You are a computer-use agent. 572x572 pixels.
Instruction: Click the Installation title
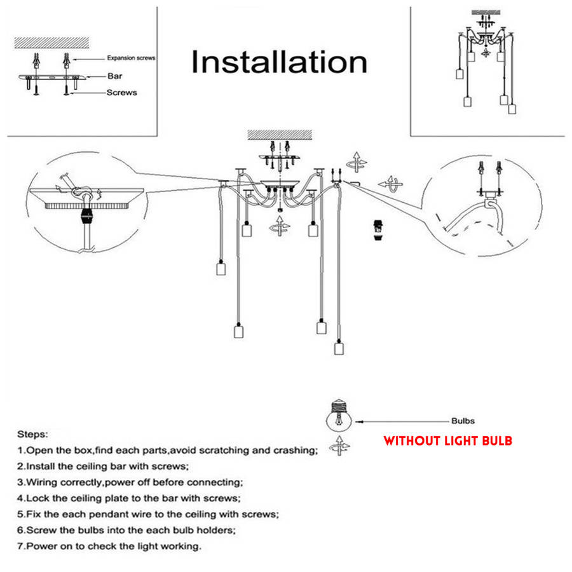point(279,62)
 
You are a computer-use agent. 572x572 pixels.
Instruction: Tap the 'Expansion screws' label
point(131,58)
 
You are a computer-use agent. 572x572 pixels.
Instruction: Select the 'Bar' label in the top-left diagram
point(114,76)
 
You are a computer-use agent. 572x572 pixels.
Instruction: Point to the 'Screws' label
point(121,92)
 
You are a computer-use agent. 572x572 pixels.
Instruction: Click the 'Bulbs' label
point(463,421)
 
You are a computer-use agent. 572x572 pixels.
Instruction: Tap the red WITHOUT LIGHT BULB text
point(447,440)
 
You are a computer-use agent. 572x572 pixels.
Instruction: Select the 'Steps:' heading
point(32,434)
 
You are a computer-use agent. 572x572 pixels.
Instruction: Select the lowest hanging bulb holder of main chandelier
point(339,347)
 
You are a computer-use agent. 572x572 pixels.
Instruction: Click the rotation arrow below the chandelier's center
point(280,226)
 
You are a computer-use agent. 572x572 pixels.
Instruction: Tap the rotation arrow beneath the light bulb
point(339,446)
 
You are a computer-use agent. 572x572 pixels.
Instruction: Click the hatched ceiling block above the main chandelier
point(280,135)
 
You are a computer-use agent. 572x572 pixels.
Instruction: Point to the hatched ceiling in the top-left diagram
point(52,43)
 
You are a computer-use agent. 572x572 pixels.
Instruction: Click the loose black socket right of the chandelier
point(378,230)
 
